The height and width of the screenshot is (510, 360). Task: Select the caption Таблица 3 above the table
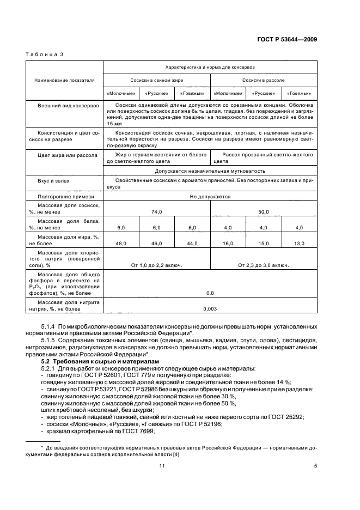(45, 55)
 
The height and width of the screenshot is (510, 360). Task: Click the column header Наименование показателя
(64, 80)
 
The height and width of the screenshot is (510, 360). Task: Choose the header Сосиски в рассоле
(264, 80)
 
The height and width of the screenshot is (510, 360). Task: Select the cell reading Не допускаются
(210, 196)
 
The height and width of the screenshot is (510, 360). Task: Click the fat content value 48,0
(121, 244)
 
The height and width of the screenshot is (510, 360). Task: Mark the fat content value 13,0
(299, 244)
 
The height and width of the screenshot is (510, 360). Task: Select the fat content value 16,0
(228, 244)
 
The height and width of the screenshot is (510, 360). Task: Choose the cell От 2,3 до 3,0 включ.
(264, 265)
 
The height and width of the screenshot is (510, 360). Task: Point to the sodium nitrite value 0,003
(210, 309)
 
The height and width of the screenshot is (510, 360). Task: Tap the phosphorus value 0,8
(210, 293)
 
